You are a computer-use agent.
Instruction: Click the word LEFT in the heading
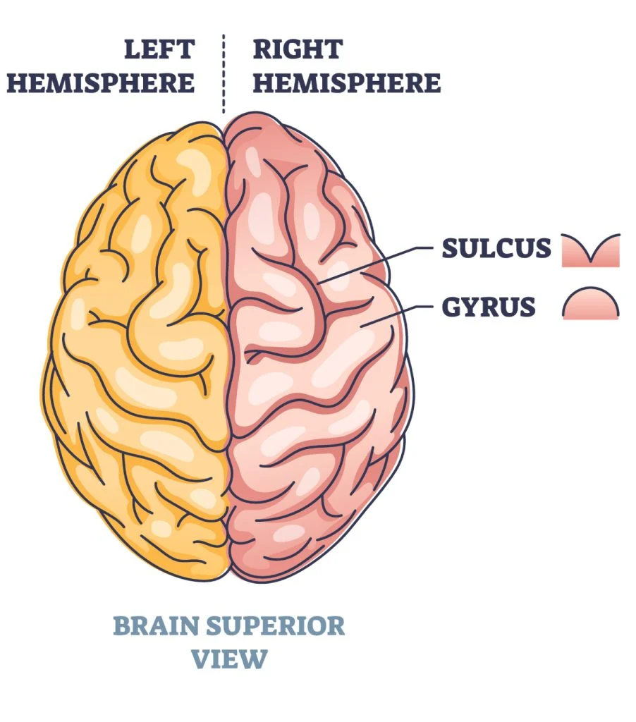[x=159, y=50]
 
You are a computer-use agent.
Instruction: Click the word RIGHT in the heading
[x=298, y=50]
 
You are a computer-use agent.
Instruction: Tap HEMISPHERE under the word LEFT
[x=100, y=82]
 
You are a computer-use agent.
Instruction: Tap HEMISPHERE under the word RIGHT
[x=347, y=82]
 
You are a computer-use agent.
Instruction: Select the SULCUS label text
[x=496, y=249]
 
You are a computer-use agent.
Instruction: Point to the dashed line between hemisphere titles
[x=224, y=74]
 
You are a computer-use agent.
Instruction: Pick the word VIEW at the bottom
[x=230, y=659]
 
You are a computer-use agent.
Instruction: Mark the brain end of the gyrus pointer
[x=361, y=326]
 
